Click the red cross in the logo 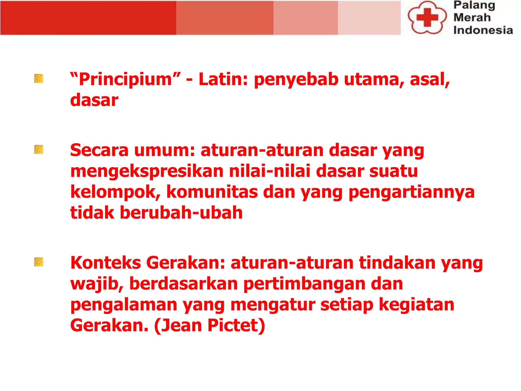[x=427, y=17]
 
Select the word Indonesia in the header [x=483, y=30]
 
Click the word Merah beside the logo [x=472, y=18]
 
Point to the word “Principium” [x=125, y=79]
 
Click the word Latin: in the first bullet [x=223, y=79]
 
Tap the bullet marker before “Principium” [x=39, y=78]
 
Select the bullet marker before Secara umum [x=39, y=149]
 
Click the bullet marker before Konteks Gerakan [x=39, y=262]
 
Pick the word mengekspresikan [x=147, y=171]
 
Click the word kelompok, [x=115, y=192]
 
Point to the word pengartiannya [x=411, y=192]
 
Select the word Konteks [x=106, y=263]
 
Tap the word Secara [x=99, y=150]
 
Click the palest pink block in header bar [x=369, y=18]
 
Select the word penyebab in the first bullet [x=296, y=79]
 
